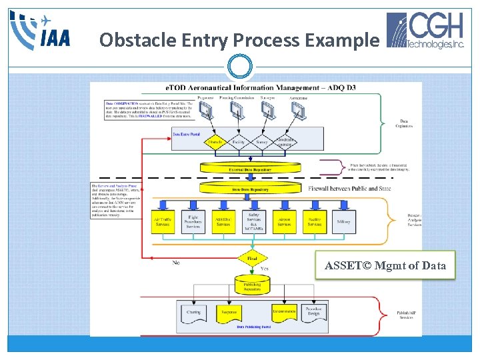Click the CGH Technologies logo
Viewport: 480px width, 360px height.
pos(427,31)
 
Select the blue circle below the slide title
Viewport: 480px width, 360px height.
pos(239,67)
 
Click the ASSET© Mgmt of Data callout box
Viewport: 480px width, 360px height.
pos(385,266)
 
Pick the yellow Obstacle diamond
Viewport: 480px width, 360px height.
pos(215,141)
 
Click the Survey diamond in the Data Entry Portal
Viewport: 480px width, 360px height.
pos(261,141)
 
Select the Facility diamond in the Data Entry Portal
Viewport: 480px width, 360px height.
pos(238,141)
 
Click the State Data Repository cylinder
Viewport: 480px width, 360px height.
pos(251,189)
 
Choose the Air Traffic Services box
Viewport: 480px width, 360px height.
pos(162,221)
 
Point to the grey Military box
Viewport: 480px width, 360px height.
pos(344,221)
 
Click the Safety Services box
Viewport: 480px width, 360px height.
pos(254,221)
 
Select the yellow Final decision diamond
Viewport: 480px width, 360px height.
pos(251,258)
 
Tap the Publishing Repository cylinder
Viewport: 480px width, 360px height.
pos(251,285)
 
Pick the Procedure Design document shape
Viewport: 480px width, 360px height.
pos(313,311)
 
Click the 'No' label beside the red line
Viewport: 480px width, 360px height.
pos(176,263)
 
